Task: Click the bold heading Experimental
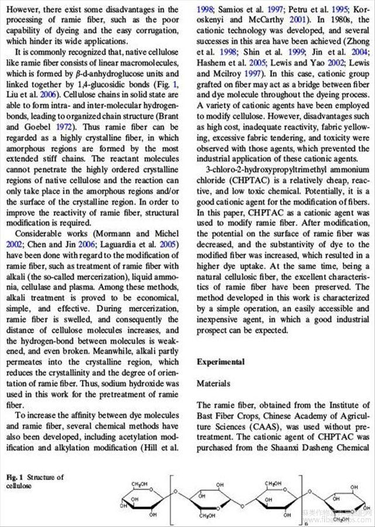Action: pos(220,362)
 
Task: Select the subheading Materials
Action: pos(214,384)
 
